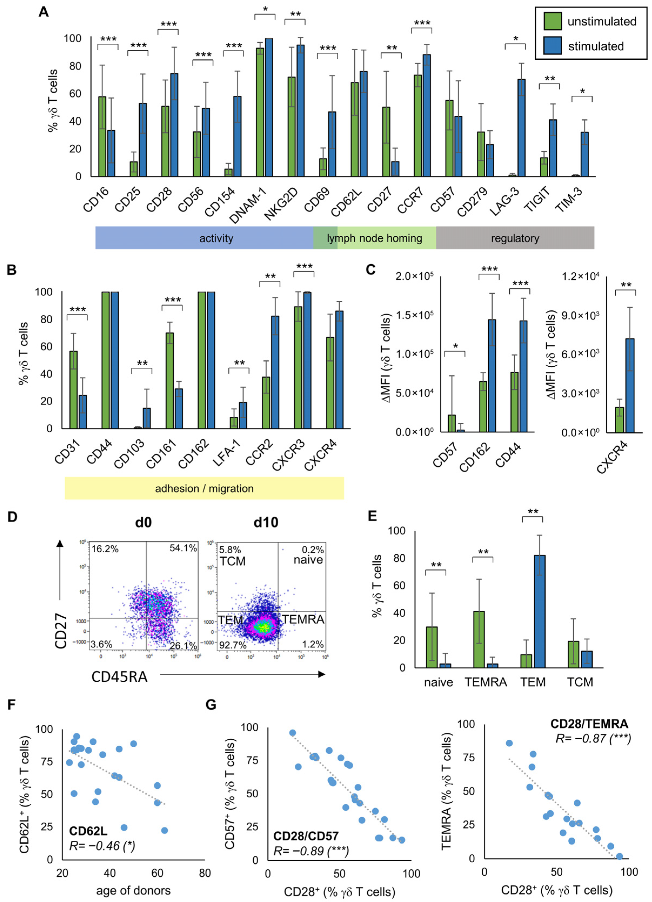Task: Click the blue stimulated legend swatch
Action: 553,46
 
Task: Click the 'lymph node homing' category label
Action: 375,238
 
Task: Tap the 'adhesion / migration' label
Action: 204,489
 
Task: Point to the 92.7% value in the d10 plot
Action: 233,645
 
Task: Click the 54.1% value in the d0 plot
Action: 183,548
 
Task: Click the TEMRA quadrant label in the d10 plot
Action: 303,620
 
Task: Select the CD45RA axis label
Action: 119,677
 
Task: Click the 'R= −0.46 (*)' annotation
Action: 102,846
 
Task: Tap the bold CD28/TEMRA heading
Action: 589,724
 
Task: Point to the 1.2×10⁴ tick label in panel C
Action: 580,276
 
